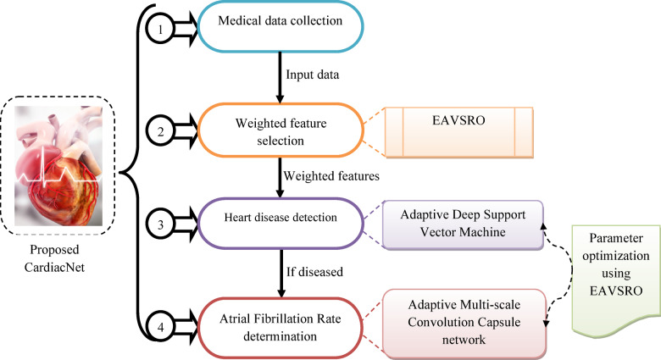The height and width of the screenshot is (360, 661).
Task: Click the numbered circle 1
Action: [x=160, y=29]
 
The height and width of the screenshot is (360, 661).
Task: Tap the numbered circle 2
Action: [x=160, y=131]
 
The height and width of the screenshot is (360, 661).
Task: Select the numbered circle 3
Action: [x=160, y=224]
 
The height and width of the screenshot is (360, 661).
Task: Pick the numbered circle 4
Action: [x=160, y=327]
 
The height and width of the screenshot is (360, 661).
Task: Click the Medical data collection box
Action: [x=281, y=26]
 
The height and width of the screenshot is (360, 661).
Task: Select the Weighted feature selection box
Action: [x=281, y=130]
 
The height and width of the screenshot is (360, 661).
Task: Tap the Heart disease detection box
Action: [x=281, y=223]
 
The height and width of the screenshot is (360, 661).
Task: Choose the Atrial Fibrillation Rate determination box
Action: [x=281, y=328]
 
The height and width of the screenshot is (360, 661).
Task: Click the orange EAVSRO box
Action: [x=459, y=132]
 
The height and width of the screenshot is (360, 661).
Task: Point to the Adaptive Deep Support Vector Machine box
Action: [x=463, y=224]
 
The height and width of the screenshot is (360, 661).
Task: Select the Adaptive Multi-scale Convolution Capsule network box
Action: [x=464, y=323]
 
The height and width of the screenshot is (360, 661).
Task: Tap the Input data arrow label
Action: [x=313, y=75]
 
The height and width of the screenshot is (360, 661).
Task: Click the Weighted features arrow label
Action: [x=331, y=176]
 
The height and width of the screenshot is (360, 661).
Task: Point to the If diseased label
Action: [x=314, y=272]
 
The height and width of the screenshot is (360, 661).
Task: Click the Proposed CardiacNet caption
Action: [x=54, y=258]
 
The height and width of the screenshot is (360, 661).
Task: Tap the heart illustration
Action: [x=58, y=166]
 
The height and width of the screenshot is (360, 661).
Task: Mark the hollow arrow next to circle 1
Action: [x=186, y=29]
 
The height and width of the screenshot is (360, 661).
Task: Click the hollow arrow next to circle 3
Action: [x=186, y=224]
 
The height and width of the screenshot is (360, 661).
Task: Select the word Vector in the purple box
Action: [x=438, y=232]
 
